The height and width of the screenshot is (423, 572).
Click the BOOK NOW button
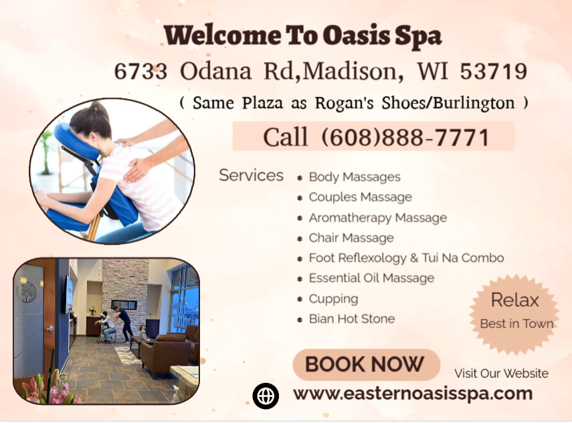pos(365,365)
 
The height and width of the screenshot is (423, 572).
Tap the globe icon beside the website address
pos(266,396)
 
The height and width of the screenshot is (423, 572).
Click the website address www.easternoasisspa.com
pos(412,394)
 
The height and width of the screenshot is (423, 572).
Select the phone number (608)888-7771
pos(405,137)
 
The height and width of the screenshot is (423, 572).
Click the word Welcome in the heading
pos(210,35)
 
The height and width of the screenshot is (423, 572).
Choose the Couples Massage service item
pos(360,197)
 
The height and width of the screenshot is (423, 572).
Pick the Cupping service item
pos(333,299)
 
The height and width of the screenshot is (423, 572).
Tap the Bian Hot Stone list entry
pos(351,319)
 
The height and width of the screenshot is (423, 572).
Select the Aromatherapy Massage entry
pos(377,218)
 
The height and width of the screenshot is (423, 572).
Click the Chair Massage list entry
pos(351,238)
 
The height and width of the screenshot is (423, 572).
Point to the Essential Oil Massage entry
pos(371,278)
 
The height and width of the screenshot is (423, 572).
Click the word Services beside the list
pos(251,175)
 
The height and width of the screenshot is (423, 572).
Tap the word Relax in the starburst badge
pos(515,300)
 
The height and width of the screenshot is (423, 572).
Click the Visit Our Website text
pos(501,374)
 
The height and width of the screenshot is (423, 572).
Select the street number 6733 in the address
pos(140,72)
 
